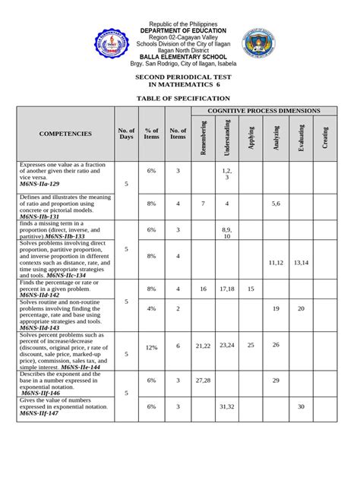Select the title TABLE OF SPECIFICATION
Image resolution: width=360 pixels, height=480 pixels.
182,99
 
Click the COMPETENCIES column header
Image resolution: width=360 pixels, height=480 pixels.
65,134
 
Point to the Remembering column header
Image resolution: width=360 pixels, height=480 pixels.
203,137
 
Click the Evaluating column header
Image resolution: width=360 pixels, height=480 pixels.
301,137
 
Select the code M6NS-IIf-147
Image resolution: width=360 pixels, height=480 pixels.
39,413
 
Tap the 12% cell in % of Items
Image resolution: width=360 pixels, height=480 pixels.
151,346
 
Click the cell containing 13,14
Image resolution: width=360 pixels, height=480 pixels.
301,262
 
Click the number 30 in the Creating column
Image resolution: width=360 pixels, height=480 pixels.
301,406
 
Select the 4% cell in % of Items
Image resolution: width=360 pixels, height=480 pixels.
151,308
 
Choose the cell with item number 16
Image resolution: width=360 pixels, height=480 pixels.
203,289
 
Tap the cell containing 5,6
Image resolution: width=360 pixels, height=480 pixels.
276,204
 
